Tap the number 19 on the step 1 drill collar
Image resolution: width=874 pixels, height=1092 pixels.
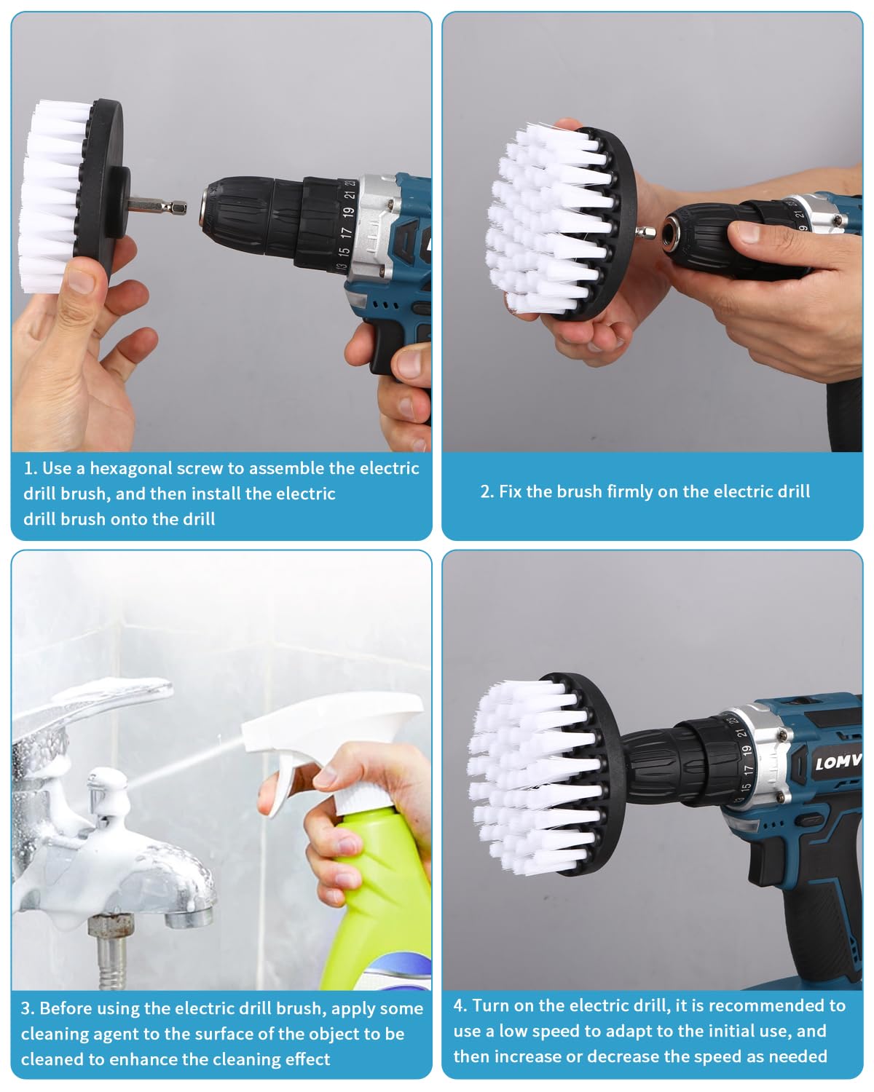[347, 213]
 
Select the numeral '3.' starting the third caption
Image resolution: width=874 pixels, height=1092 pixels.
[28, 1009]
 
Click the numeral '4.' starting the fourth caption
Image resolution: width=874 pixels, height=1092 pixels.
[460, 1006]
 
